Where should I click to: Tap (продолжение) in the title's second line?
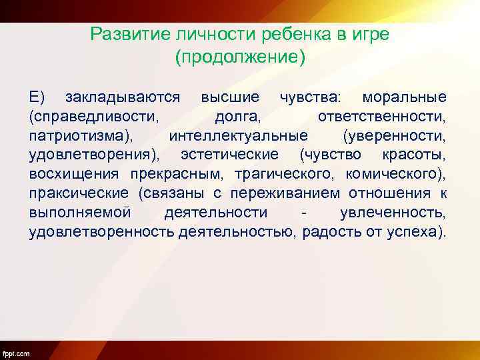click(240, 57)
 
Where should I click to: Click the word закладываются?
click(123, 97)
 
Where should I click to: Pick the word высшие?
click(230, 97)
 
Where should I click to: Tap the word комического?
click(396, 175)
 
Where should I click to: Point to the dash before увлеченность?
click(304, 213)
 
